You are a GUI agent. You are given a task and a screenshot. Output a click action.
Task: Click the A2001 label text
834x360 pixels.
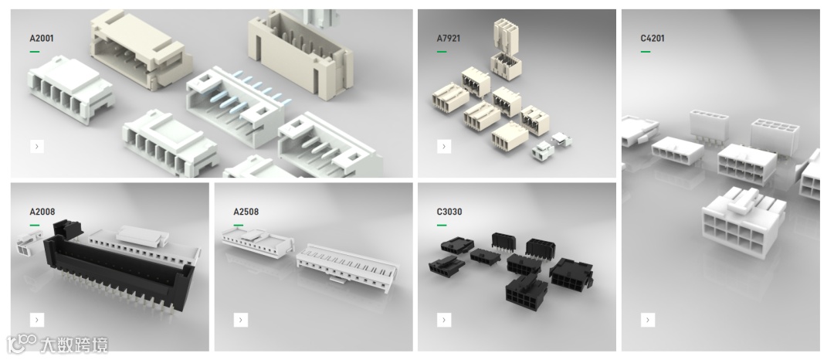tap(42, 39)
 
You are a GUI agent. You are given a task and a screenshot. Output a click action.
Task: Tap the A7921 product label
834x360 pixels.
tap(449, 39)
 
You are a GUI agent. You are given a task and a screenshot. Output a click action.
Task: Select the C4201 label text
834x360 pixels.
tap(652, 39)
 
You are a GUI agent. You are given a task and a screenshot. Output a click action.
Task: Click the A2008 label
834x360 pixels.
tap(42, 212)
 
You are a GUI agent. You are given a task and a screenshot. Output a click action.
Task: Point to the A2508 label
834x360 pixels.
tap(246, 212)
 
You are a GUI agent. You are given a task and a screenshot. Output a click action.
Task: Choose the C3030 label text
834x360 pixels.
tap(449, 212)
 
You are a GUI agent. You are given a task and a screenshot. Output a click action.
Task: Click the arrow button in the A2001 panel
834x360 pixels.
tap(37, 146)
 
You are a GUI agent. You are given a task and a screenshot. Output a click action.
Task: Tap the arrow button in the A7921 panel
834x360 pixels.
tap(444, 146)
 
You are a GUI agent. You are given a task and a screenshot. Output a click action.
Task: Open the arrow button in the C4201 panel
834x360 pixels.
tap(647, 320)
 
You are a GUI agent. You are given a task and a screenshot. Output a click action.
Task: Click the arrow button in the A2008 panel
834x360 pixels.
tap(37, 320)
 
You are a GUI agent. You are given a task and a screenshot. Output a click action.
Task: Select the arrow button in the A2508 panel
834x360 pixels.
tap(240, 320)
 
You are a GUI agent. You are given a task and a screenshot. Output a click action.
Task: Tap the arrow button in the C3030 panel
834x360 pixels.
tap(444, 320)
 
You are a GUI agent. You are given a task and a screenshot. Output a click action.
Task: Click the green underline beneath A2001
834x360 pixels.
tap(35, 52)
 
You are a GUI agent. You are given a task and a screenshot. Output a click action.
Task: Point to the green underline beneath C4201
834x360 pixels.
tap(645, 52)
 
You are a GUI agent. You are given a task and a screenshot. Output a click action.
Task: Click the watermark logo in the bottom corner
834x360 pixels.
tap(57, 345)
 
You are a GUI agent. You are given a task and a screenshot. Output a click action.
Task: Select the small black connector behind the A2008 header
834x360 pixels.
tap(68, 229)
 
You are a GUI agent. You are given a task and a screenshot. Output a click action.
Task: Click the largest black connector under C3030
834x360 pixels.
tap(527, 291)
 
